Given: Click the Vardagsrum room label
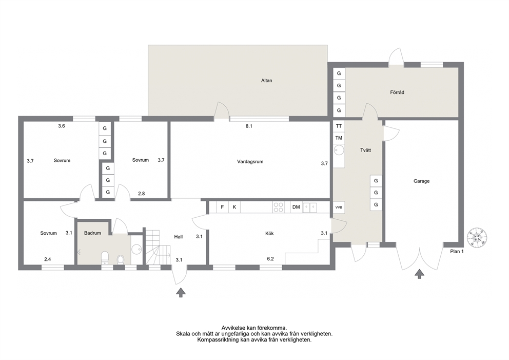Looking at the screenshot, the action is [250, 161].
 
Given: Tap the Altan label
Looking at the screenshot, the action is [266, 81].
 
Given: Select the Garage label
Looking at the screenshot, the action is [421, 181].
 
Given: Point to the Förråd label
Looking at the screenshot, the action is [397, 92].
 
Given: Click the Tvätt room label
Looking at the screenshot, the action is [365, 150].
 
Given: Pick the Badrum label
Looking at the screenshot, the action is [92, 233].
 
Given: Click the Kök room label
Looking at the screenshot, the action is [269, 233].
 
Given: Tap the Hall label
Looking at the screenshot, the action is [178, 237].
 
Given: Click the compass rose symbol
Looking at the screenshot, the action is [477, 237].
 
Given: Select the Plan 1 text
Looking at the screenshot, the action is [457, 251].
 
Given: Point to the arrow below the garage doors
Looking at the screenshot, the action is [420, 274].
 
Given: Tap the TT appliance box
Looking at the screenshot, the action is [339, 126].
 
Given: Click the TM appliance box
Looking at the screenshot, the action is [339, 138].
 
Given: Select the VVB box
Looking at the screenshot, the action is [339, 207].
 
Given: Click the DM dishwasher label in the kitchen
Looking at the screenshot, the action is [296, 207].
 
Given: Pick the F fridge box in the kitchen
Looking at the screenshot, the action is [222, 207].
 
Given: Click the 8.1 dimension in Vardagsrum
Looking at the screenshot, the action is [249, 126].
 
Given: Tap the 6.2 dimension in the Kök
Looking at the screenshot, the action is [270, 259].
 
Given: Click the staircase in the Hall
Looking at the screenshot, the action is [158, 247].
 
